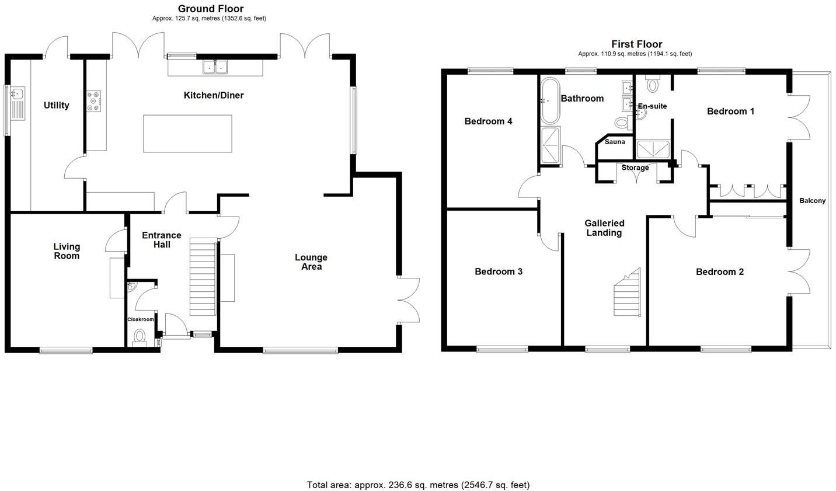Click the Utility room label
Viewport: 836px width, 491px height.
point(57,105)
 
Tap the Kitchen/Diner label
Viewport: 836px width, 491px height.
point(214,95)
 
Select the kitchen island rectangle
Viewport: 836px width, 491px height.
point(187,134)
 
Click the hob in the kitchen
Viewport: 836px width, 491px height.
point(94,101)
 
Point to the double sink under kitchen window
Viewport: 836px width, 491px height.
point(215,67)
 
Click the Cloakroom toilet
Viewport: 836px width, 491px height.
point(140,337)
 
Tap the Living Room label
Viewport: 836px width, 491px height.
point(67,251)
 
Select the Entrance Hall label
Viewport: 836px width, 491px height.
point(162,240)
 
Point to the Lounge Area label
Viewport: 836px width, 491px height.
point(311,262)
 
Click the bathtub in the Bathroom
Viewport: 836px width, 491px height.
point(550,100)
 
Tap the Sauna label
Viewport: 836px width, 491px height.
point(615,142)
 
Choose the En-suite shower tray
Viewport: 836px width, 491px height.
point(653,150)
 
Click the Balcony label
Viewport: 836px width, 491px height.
point(813,201)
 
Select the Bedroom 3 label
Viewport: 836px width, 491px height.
point(499,271)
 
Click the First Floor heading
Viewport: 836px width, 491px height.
point(636,44)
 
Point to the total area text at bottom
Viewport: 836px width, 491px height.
point(418,485)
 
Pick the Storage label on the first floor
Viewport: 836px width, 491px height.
point(635,168)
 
